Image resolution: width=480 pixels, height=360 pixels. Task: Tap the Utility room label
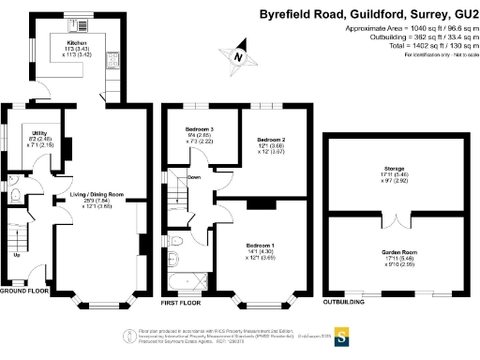pos(39,134)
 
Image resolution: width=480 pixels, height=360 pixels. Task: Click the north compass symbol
pos(240,58)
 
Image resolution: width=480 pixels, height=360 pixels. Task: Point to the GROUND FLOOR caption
pos(23,292)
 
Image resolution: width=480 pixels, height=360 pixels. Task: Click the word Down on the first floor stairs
pos(195,176)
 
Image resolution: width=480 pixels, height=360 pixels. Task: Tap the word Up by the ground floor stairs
pos(15,255)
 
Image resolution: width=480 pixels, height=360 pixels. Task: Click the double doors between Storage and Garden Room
pos(397,215)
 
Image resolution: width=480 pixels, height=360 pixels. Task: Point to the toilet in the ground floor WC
pos(16,196)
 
